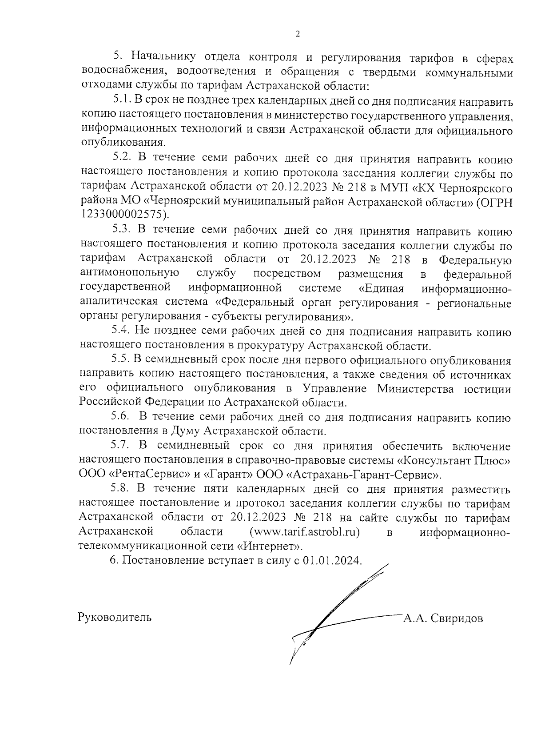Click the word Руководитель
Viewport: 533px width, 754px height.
click(115, 617)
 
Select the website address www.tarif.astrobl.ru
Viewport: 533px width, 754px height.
click(305, 531)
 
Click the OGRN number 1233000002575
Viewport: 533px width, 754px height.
click(124, 215)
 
